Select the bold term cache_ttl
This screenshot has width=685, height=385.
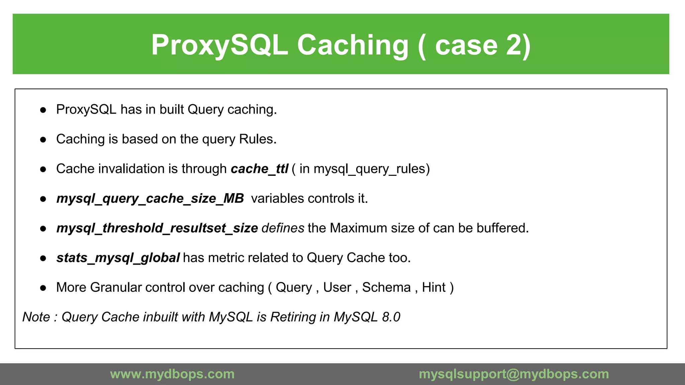[259, 169]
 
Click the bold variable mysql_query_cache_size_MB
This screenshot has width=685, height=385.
[150, 199]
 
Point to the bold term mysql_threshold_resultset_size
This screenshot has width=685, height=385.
[157, 228]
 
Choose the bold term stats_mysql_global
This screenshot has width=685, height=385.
[118, 258]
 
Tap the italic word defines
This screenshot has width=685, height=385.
[283, 228]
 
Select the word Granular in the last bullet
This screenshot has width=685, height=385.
[116, 287]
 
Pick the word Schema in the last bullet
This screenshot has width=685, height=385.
[386, 287]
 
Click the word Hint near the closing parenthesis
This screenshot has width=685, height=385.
[433, 287]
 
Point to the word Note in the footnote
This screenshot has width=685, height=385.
[36, 317]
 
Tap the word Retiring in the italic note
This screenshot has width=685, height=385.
[293, 317]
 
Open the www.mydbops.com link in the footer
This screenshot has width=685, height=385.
[172, 374]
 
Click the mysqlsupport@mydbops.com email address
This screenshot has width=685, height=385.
[514, 374]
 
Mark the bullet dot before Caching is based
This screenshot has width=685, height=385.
[43, 140]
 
